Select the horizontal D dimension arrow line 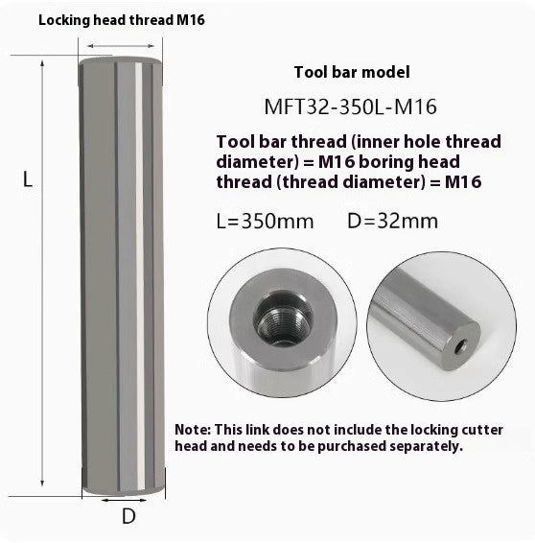click(x=128, y=499)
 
